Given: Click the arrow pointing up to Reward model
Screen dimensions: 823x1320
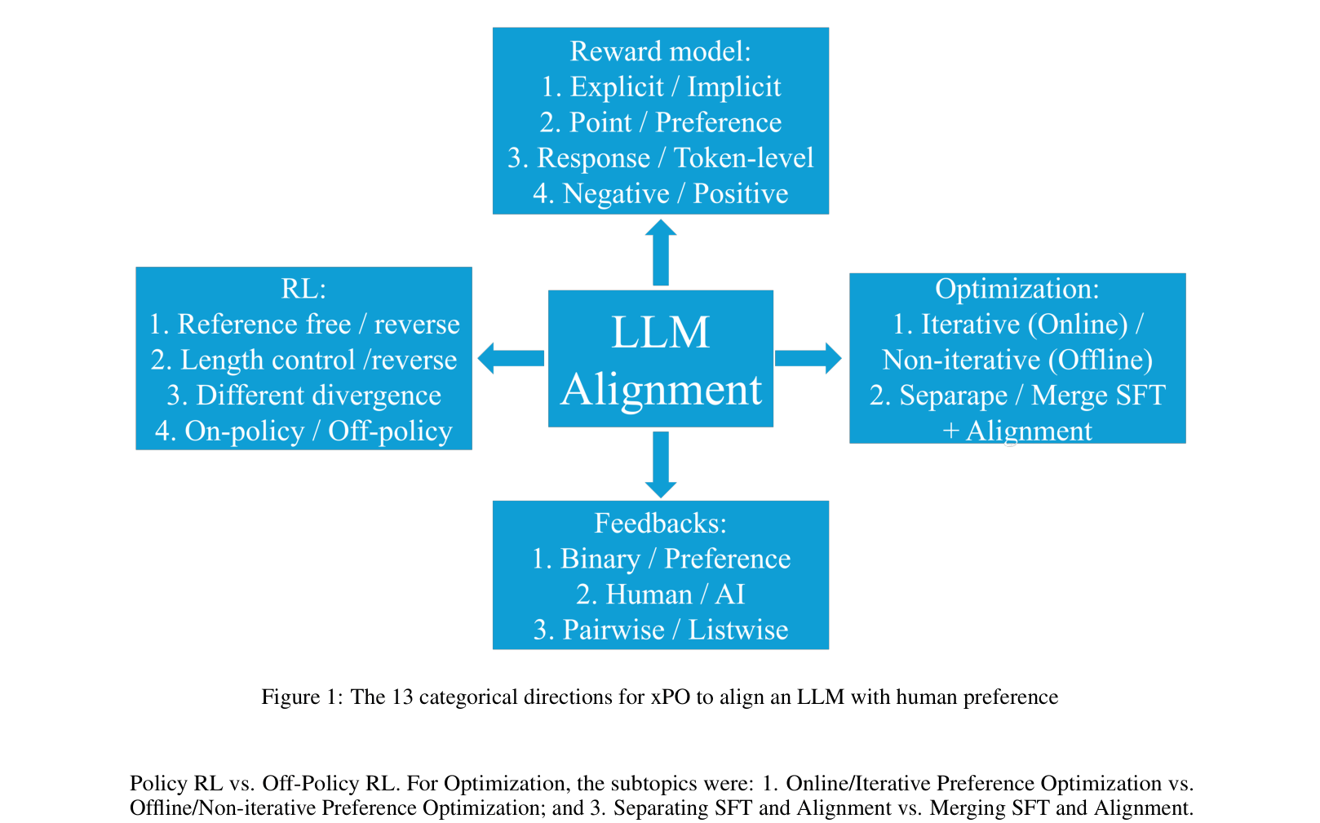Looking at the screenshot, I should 660,252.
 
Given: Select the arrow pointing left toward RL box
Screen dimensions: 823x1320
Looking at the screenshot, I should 511,358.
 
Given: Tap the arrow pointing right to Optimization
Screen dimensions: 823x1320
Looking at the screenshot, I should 808,358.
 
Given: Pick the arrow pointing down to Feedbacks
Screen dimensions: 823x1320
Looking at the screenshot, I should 660,464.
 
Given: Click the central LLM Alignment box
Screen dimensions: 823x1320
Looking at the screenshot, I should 660,359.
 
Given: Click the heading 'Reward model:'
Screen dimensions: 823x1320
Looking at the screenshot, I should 660,51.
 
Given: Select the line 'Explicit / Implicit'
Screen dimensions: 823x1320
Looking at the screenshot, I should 661,86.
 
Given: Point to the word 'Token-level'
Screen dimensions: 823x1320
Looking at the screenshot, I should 743,158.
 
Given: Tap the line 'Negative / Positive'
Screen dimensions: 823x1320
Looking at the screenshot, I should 661,194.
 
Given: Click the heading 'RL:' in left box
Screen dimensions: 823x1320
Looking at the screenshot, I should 303,289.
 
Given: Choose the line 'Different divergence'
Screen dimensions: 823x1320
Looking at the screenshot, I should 303,396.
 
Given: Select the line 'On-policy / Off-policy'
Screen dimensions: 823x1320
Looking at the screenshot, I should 303,431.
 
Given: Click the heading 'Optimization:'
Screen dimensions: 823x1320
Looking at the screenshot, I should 1017,289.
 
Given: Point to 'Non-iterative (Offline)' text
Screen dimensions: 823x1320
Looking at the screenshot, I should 1017,360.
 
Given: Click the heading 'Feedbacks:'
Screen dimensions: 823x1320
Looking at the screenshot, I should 660,523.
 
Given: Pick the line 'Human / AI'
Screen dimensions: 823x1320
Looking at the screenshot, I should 660,595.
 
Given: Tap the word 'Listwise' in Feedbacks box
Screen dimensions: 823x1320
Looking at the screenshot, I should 738,631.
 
